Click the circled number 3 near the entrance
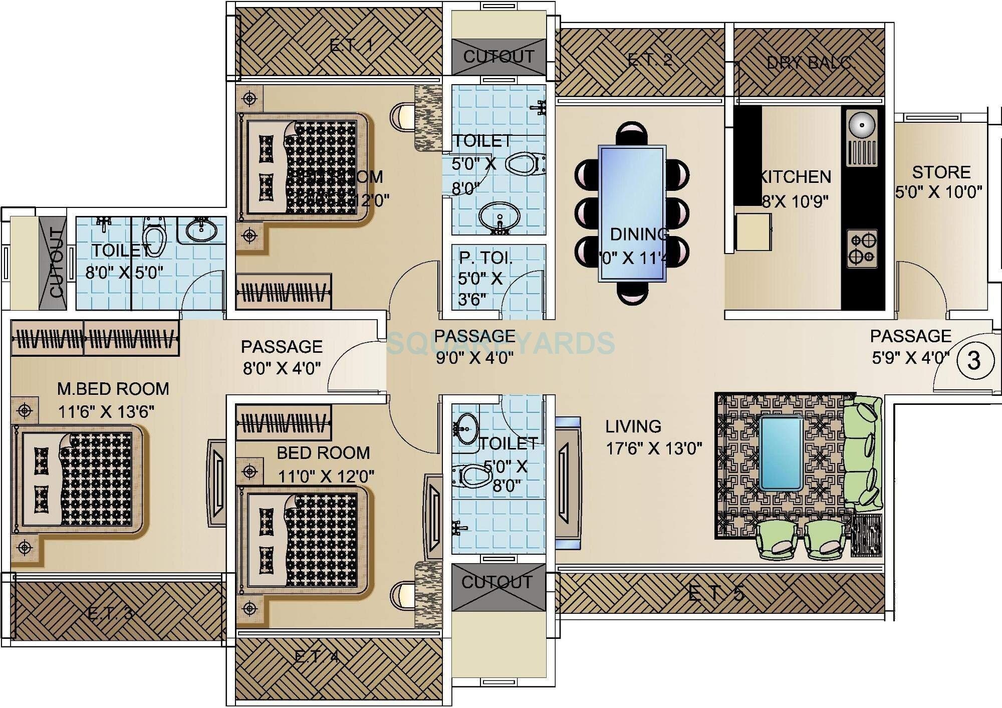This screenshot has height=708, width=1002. point(973,360)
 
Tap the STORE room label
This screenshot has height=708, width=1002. point(941,172)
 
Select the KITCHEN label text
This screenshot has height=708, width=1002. point(796,176)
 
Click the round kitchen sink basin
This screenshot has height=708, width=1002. point(862,124)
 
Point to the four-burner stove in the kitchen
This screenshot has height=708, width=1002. point(862,249)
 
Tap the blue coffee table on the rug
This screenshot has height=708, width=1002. point(781,453)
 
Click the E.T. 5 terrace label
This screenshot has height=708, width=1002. point(715,593)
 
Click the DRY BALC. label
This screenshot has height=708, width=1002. point(811,63)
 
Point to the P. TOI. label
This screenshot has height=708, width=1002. point(485,258)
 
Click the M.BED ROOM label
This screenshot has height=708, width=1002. point(113,389)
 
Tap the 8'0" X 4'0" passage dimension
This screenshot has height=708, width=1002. point(282,368)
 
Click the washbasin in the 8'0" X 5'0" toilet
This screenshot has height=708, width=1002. point(201,230)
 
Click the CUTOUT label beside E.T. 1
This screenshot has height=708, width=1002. point(498,56)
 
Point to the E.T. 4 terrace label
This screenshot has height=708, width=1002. point(316,656)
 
